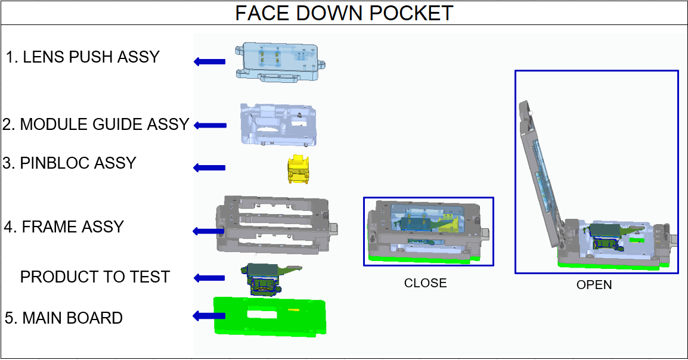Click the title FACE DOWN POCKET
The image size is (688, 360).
[344, 13]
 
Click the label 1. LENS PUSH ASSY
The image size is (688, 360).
[82, 57]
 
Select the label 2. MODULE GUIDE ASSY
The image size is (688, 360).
[95, 125]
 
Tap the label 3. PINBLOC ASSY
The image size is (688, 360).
[69, 163]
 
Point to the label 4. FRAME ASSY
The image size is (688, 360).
[64, 226]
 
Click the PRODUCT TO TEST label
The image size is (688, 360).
[95, 277]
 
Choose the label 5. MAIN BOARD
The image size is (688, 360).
[64, 318]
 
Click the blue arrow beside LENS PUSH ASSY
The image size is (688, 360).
[210, 62]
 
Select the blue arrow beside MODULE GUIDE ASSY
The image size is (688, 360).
[210, 125]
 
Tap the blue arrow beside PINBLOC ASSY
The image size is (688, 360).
[209, 167]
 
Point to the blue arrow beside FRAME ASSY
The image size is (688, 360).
[209, 231]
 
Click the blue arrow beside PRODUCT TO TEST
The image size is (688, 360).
[209, 278]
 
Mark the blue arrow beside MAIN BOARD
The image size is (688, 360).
[209, 316]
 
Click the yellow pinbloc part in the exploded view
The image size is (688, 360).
[298, 169]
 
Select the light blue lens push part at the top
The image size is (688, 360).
[280, 62]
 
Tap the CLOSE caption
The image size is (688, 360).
[426, 283]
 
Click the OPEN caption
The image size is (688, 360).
[594, 285]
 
